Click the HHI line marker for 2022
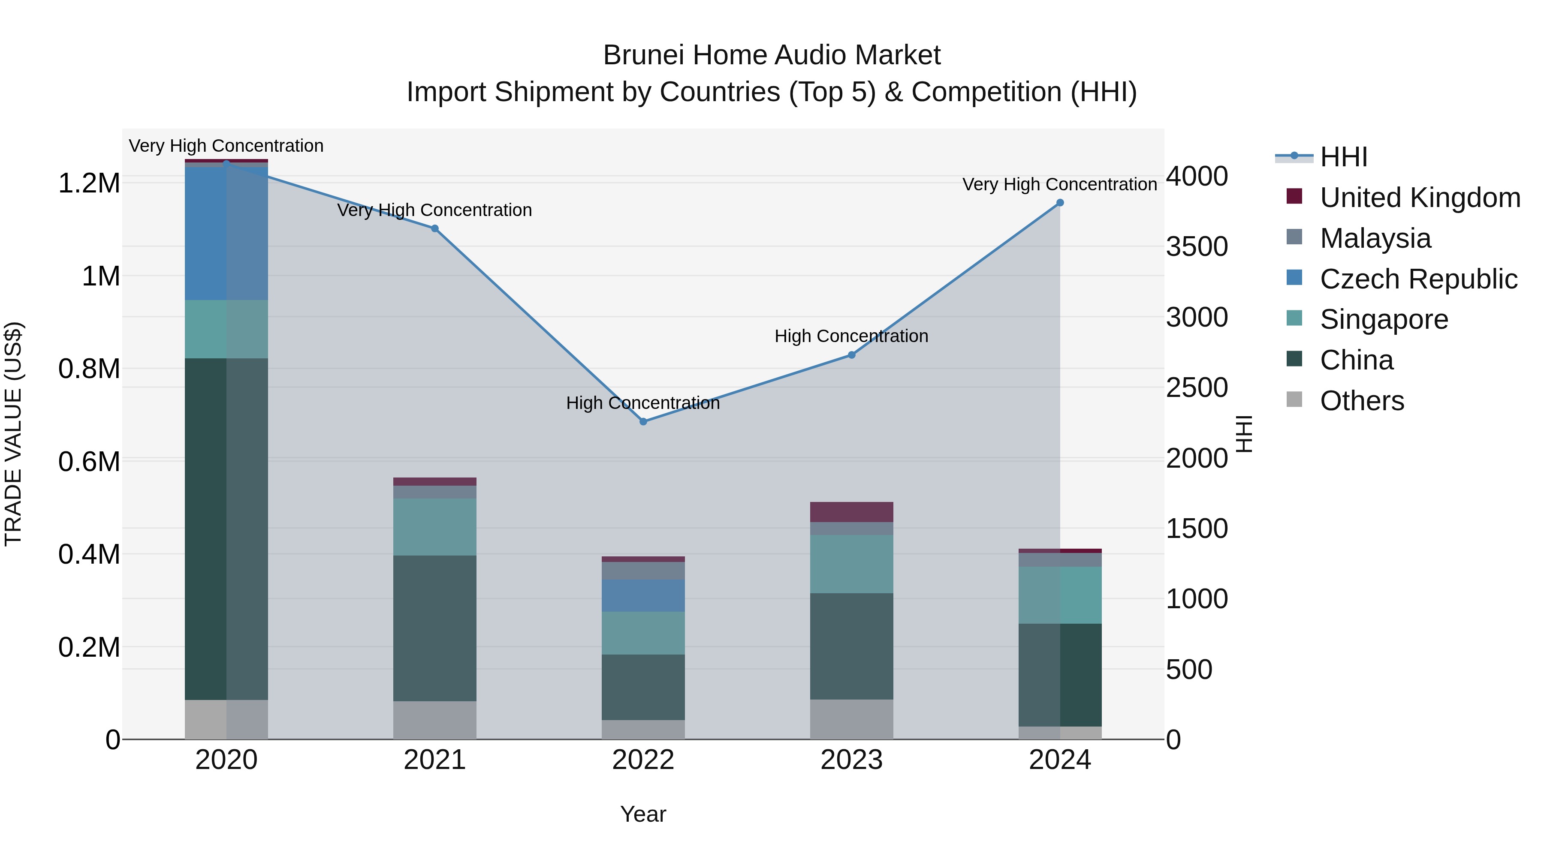click(x=643, y=422)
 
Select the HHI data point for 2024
click(x=1060, y=203)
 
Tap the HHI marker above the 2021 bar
click(x=434, y=228)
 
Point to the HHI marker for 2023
click(x=851, y=355)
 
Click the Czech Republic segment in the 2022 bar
click(x=643, y=595)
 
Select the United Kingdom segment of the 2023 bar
click(x=851, y=512)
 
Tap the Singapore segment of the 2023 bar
click(x=851, y=564)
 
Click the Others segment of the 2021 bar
click(x=434, y=720)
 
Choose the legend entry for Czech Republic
click(x=1418, y=279)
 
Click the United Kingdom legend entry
click(x=1419, y=198)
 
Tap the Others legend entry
click(x=1361, y=401)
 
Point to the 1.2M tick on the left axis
click(x=89, y=183)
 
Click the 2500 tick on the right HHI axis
click(x=1196, y=388)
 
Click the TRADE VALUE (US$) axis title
click(x=14, y=434)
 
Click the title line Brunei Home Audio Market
click(x=772, y=55)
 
